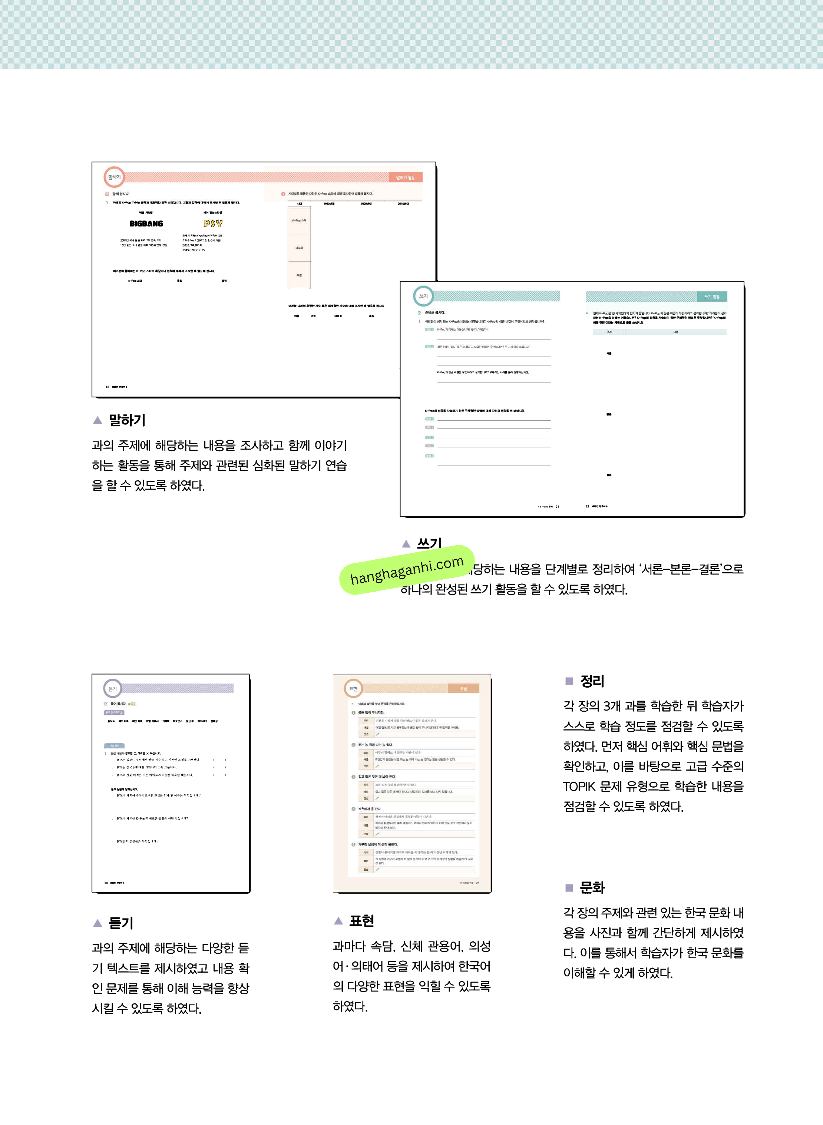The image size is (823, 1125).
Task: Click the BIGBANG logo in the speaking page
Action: click(x=146, y=224)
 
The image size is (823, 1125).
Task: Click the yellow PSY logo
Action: click(x=213, y=224)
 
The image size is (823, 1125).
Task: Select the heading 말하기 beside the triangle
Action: click(x=127, y=420)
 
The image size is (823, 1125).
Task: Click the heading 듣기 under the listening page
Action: click(x=121, y=923)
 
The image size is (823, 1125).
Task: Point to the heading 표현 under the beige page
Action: click(x=362, y=920)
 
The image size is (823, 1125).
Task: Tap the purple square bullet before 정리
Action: click(x=569, y=681)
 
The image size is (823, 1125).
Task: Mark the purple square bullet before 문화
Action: click(x=569, y=887)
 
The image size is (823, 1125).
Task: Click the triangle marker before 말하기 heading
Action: click(x=97, y=420)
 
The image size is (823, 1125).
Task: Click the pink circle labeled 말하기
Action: click(x=114, y=177)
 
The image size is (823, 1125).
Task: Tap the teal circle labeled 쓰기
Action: click(x=423, y=296)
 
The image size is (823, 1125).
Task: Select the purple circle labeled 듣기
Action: click(x=113, y=689)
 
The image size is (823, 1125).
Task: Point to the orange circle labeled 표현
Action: click(x=353, y=689)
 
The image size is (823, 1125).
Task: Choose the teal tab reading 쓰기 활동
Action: click(x=711, y=297)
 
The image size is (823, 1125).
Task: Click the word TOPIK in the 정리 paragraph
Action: click(x=579, y=786)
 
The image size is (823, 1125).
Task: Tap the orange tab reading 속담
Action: click(x=463, y=689)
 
